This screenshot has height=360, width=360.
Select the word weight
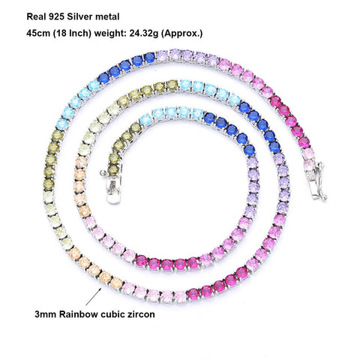(110, 34)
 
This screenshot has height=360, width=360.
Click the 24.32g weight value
(143, 34)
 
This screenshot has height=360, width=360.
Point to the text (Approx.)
(181, 34)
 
